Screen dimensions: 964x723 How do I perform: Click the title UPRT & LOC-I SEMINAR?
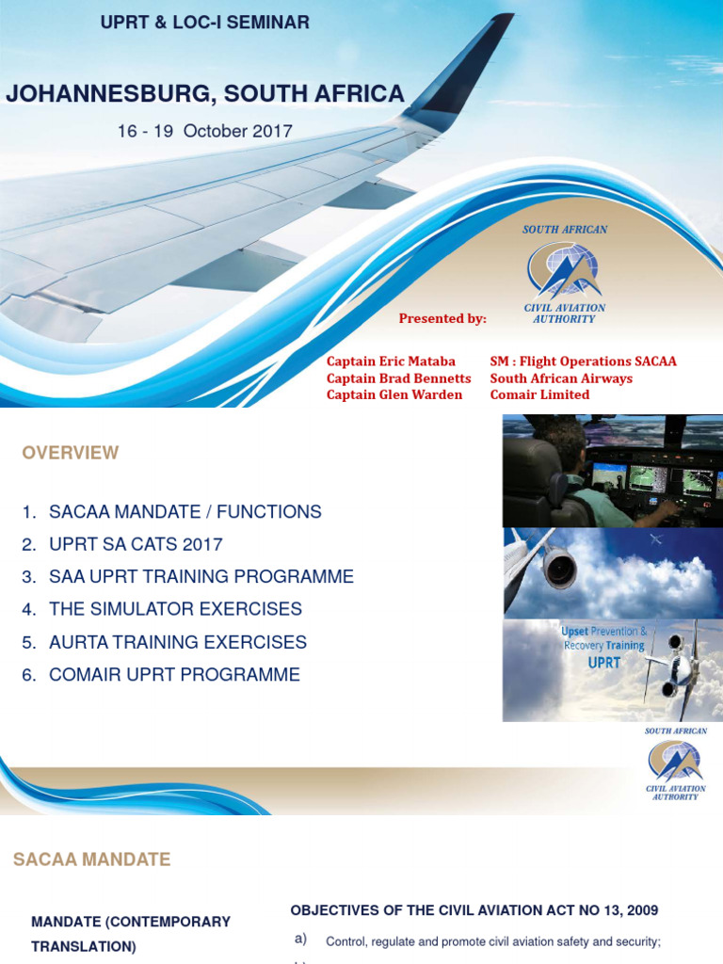(205, 23)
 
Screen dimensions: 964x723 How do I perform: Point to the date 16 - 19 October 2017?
(204, 131)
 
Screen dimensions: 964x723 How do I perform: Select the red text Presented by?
(442, 318)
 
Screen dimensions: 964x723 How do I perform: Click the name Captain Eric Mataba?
(391, 361)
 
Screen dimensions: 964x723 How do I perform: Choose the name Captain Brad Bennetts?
(398, 378)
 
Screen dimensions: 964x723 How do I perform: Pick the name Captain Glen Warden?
(394, 394)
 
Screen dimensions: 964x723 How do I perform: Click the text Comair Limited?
(539, 394)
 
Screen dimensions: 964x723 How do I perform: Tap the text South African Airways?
(561, 378)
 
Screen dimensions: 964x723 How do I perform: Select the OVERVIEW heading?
(71, 453)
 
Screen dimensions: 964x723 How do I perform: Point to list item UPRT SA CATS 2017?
(136, 544)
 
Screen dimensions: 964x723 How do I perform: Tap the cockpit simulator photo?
(612, 471)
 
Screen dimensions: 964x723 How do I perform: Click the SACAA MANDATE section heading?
(91, 860)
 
